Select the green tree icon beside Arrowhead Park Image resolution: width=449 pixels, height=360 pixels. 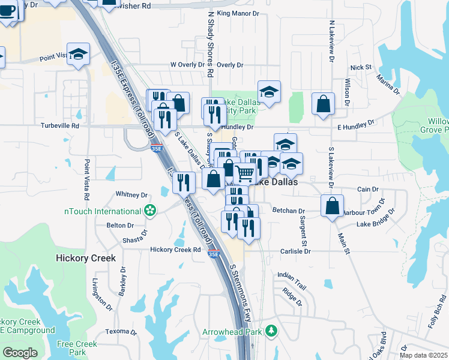(272, 331)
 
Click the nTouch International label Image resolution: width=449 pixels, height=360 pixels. (103, 211)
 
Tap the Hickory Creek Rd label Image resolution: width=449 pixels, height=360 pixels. (175, 250)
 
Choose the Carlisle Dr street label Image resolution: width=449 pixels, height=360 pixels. (295, 252)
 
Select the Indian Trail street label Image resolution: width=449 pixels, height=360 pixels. (292, 275)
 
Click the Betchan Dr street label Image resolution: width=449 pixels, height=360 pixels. (289, 211)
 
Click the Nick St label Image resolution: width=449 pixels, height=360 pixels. (361, 68)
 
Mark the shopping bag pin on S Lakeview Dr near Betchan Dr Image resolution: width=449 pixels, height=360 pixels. (333, 206)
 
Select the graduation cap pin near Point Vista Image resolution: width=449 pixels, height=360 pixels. (78, 53)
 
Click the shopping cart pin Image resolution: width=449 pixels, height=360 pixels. (245, 174)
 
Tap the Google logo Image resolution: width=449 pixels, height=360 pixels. (20, 353)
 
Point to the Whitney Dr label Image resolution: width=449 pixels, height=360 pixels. (131, 195)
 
